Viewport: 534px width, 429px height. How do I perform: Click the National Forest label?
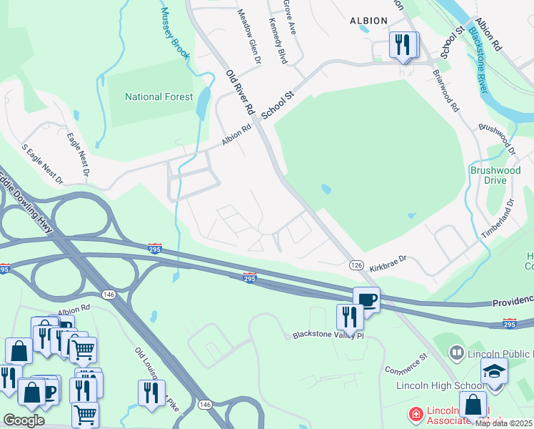click(158, 97)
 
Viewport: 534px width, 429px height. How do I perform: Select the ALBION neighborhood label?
click(368, 21)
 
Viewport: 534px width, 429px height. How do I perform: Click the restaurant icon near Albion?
click(403, 45)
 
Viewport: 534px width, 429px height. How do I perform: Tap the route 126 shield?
click(357, 265)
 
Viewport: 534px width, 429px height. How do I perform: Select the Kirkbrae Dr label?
click(388, 263)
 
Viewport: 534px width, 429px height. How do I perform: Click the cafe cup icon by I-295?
click(366, 299)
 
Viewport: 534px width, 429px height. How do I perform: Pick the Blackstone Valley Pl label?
click(328, 335)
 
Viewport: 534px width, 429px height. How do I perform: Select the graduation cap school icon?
click(493, 371)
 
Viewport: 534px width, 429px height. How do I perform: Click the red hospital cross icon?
click(415, 414)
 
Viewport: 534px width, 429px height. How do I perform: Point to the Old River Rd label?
click(241, 93)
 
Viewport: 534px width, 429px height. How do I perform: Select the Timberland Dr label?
click(498, 218)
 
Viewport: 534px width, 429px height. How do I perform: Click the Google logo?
click(24, 420)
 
